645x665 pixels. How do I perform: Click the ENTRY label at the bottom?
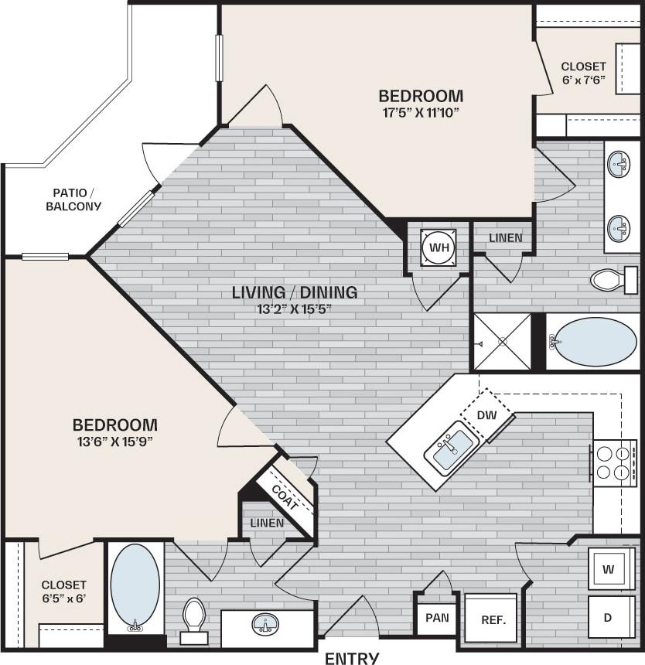pyautogui.click(x=352, y=658)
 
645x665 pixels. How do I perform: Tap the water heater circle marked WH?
pyautogui.click(x=439, y=247)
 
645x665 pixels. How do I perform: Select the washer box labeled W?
pyautogui.click(x=609, y=570)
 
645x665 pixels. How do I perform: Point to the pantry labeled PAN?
pyautogui.click(x=437, y=619)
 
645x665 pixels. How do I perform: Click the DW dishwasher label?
pyautogui.click(x=486, y=415)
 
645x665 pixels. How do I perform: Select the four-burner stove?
pyautogui.click(x=614, y=462)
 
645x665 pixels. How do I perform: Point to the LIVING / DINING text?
pyautogui.click(x=295, y=292)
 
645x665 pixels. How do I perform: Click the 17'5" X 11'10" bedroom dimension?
pyautogui.click(x=421, y=112)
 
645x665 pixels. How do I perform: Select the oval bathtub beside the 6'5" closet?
pyautogui.click(x=135, y=585)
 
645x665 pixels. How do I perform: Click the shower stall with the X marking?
pyautogui.click(x=502, y=341)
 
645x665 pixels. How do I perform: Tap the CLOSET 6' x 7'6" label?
pyautogui.click(x=584, y=73)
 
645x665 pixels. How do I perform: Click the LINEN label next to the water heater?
pyautogui.click(x=505, y=237)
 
